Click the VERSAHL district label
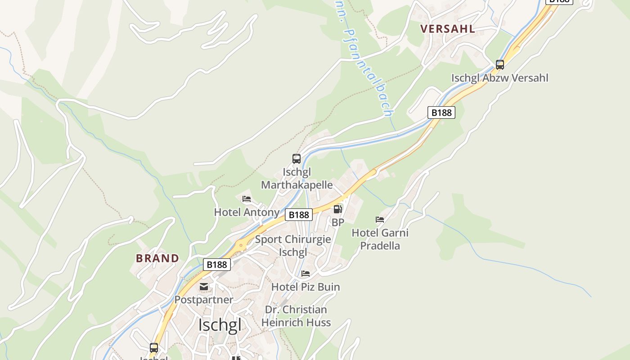447,29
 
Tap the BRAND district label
157,258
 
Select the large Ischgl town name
220,324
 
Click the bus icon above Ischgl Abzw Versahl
499,64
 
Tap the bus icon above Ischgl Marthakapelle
296,158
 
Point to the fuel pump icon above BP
337,209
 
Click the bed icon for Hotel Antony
246,199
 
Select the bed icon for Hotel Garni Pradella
380,220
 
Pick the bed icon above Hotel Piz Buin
306,274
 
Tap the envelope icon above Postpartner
204,287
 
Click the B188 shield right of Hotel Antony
299,215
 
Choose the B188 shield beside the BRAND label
217,265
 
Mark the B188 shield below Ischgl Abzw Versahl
441,112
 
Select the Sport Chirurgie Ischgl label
293,246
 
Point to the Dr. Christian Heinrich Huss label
296,316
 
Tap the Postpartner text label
204,299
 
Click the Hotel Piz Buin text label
306,287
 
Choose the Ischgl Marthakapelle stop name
297,179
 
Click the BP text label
337,222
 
